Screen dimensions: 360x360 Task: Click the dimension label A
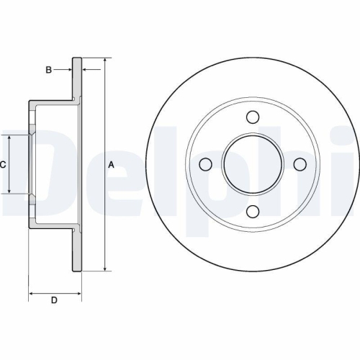tap(111, 164)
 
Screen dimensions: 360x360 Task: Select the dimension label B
tap(48, 70)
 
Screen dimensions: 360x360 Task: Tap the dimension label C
tap(3, 164)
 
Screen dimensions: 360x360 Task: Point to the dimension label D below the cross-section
tap(53, 300)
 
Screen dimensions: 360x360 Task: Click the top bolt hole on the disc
tap(252, 117)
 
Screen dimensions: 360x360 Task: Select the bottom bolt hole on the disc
tap(252, 211)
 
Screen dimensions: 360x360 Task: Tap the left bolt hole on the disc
tap(205, 164)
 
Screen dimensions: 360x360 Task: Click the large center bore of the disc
tap(252, 164)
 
